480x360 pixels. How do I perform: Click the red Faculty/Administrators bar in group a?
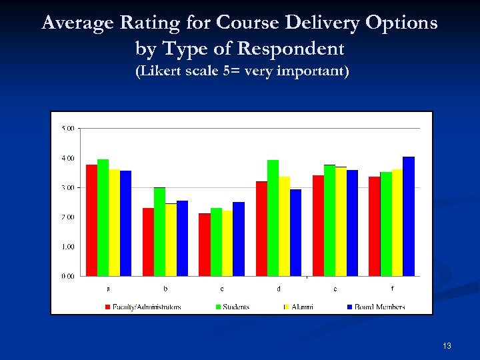[x=91, y=220]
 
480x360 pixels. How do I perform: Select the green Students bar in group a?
[x=103, y=217]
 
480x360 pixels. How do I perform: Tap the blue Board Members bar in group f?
[x=409, y=216]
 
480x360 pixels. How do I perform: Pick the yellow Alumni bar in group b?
[x=171, y=239]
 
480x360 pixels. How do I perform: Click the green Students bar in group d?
[x=273, y=217]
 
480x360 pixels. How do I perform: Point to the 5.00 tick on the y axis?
[x=68, y=128]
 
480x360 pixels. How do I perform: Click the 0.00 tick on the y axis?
[x=68, y=275]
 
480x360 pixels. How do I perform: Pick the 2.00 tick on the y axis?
[x=68, y=217]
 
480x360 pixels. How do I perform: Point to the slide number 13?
[x=447, y=346]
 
